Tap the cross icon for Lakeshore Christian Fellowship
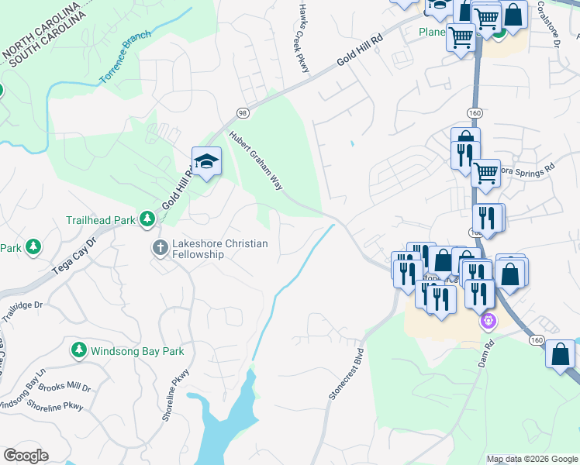tap(160, 248)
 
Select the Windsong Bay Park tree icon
tap(78, 351)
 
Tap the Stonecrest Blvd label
tap(347, 368)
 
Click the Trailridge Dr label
tap(19, 312)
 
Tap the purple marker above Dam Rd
tap(488, 319)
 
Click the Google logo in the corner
tap(26, 456)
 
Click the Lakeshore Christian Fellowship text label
tap(219, 249)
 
